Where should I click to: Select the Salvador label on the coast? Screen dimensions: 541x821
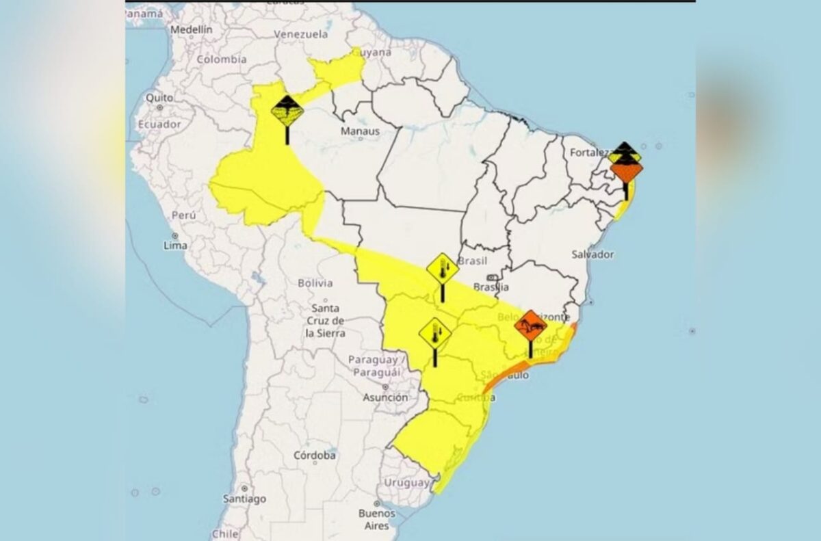click(592, 254)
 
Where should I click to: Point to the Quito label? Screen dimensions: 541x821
click(159, 98)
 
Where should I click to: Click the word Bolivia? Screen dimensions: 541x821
click(315, 282)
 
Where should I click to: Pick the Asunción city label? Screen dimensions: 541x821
click(385, 397)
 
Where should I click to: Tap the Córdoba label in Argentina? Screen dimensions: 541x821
click(315, 456)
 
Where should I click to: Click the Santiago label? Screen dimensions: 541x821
click(244, 499)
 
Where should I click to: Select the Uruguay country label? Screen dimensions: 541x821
click(406, 483)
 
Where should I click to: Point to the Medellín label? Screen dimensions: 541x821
click(192, 30)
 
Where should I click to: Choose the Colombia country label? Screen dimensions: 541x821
click(222, 60)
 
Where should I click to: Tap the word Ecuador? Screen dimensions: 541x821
click(159, 124)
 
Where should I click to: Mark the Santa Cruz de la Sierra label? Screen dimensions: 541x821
click(326, 321)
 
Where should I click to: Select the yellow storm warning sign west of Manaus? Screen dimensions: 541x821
click(287, 110)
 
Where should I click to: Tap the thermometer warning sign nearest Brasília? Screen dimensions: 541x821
click(443, 269)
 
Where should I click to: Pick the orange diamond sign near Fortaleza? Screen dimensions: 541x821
click(626, 170)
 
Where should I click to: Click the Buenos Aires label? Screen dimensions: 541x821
click(377, 519)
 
